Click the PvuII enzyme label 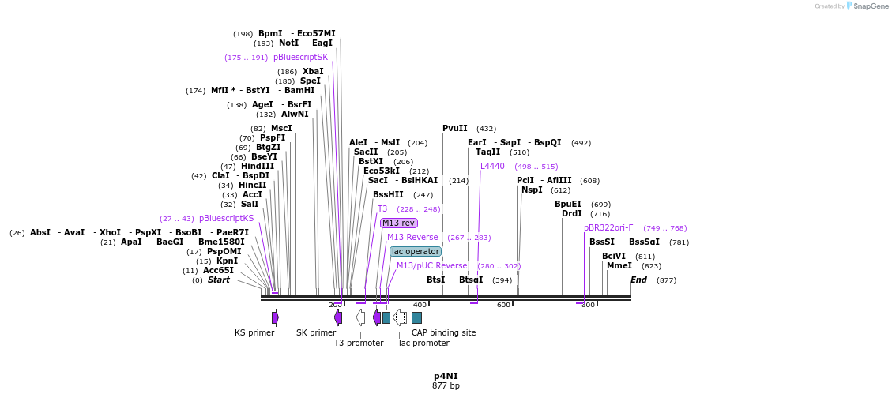tap(455, 128)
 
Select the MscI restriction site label tap(281, 128)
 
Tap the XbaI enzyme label tap(313, 71)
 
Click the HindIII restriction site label tap(258, 166)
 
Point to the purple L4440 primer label tap(492, 166)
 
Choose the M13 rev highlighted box tap(398, 223)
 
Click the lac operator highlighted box tap(415, 251)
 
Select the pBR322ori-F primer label tap(608, 227)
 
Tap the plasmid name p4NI tap(446, 376)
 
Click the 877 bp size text tap(446, 386)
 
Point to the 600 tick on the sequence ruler tap(503, 305)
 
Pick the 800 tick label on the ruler tap(588, 305)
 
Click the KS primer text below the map tap(254, 332)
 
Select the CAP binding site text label tap(443, 332)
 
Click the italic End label tap(638, 280)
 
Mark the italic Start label tap(218, 280)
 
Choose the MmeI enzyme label tap(619, 265)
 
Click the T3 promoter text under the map tap(359, 343)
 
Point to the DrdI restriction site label tap(571, 213)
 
